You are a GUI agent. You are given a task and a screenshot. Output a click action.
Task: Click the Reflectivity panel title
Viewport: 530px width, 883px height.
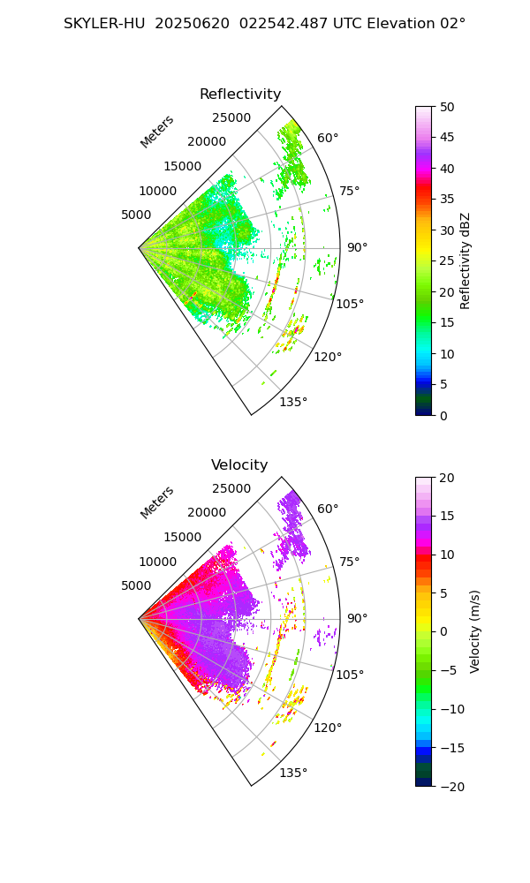240,94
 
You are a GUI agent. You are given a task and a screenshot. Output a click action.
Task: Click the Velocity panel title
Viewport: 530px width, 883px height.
239,465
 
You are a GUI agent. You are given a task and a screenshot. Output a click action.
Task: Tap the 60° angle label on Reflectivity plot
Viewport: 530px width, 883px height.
328,138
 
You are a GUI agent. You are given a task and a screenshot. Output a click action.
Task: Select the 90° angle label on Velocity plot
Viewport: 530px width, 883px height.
357,618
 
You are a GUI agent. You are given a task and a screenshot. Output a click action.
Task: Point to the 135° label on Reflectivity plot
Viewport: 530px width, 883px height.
293,402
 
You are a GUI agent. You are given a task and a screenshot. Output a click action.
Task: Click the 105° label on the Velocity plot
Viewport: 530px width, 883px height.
352,675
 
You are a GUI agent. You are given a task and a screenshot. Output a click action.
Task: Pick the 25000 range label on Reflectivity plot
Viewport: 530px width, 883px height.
231,117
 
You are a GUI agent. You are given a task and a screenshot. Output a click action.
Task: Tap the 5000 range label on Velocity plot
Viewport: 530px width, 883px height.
136,585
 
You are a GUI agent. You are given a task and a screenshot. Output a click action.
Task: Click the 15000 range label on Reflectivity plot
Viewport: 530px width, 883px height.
183,166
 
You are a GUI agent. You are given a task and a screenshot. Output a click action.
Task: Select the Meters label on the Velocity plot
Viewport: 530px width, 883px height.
157,502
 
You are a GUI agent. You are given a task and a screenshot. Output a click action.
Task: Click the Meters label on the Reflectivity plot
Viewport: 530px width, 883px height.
157,132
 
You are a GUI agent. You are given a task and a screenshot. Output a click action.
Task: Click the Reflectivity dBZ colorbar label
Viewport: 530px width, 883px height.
466,260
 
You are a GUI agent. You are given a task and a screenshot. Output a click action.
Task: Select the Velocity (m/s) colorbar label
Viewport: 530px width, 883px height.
475,631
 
